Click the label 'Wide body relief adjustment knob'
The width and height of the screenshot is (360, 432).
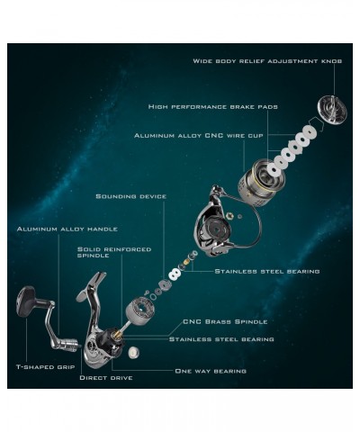point(267,61)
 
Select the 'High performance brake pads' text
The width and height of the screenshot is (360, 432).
point(213,107)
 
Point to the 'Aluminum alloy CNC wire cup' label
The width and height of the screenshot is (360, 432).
point(199,136)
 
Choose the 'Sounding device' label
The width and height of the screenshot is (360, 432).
point(131,196)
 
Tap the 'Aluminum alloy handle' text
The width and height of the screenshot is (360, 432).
point(67,229)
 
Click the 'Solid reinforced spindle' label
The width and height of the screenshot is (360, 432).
point(114,252)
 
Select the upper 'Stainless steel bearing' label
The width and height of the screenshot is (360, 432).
point(267,272)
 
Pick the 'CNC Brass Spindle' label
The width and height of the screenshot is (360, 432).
point(225,321)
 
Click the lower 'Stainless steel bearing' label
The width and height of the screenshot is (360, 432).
point(221,339)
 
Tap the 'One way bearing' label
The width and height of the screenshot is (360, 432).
point(211,371)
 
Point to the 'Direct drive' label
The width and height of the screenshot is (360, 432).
point(106,378)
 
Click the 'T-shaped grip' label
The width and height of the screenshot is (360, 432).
point(45,367)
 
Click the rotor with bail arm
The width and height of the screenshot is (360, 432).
point(219,228)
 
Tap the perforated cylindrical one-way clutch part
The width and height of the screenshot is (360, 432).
point(140,310)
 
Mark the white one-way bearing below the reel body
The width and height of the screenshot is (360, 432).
point(133,353)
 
